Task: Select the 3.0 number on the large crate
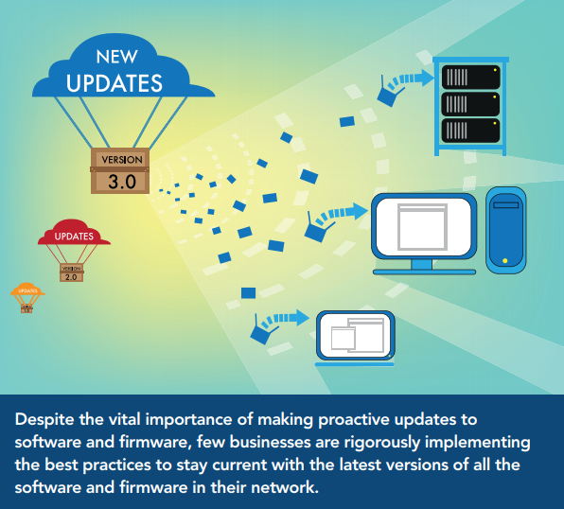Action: (x=121, y=181)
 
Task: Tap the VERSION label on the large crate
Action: (x=121, y=159)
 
